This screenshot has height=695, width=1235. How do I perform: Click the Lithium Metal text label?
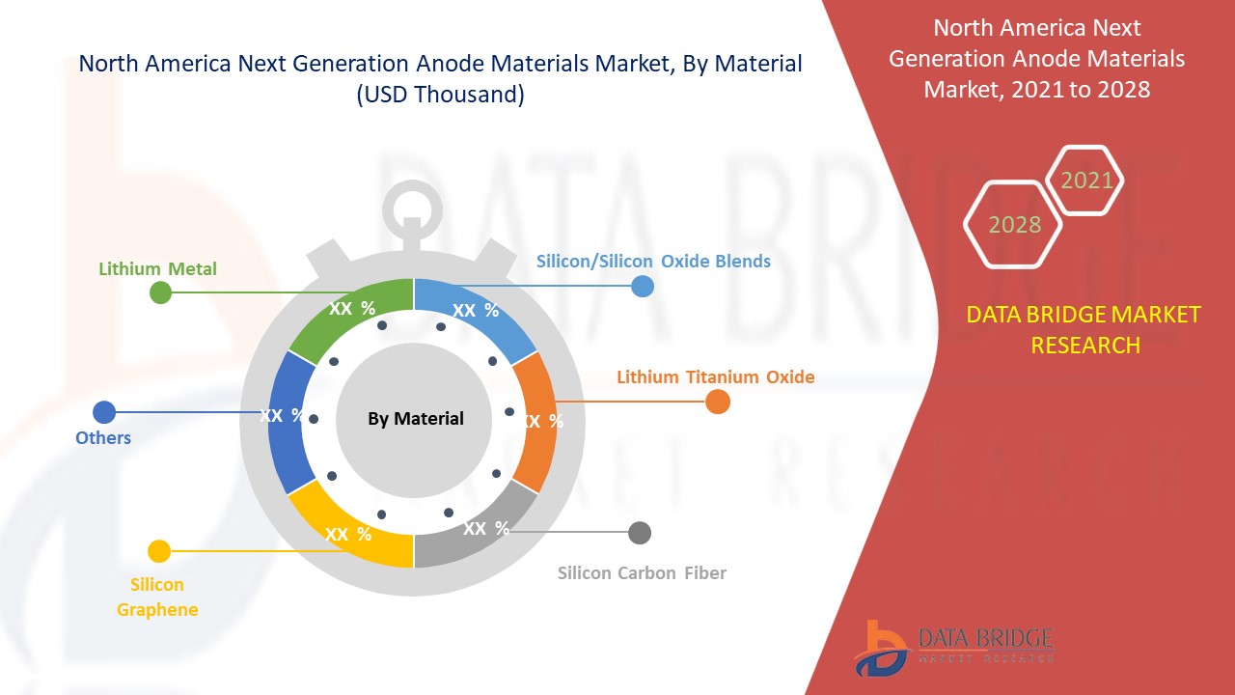click(157, 268)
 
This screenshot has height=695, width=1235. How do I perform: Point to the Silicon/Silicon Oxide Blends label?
click(653, 261)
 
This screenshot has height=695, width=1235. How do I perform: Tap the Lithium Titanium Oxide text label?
click(716, 376)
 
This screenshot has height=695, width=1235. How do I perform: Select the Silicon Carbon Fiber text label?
click(642, 572)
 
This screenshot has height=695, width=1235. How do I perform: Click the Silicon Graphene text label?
click(157, 597)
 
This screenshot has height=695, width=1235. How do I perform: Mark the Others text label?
click(103, 438)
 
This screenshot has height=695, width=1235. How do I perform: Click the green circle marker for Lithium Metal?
click(161, 292)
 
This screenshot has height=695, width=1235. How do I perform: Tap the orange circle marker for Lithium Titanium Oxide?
click(717, 402)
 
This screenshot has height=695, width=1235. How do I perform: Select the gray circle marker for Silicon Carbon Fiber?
click(640, 533)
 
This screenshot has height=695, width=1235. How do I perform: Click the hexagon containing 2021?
click(1086, 181)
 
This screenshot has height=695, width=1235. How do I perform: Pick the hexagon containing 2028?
click(1013, 224)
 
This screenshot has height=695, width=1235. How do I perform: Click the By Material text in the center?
click(415, 418)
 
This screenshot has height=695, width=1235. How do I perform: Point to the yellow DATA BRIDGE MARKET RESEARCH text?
click(1084, 329)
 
